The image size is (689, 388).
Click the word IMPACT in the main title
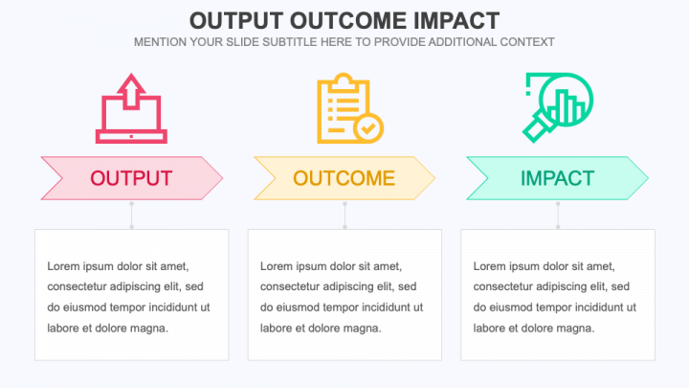point(456,21)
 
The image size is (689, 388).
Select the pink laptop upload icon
point(131,108)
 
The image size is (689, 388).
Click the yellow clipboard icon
point(350,108)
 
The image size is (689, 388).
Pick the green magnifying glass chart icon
point(558,107)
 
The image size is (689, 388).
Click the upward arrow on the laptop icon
point(131,91)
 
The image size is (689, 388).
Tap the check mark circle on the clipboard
point(368,128)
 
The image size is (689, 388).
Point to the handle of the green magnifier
point(538,128)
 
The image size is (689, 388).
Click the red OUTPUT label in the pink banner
point(131,178)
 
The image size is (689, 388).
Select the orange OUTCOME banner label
point(344,178)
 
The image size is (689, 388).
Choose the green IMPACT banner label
point(557,178)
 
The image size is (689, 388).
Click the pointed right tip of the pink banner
point(223,178)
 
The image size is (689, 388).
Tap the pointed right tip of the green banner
point(649,178)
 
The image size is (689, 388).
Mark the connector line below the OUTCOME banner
point(344,216)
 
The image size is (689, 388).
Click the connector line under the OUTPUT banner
point(132,216)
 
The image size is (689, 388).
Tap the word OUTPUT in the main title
point(236,21)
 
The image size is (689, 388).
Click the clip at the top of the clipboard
point(344,81)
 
